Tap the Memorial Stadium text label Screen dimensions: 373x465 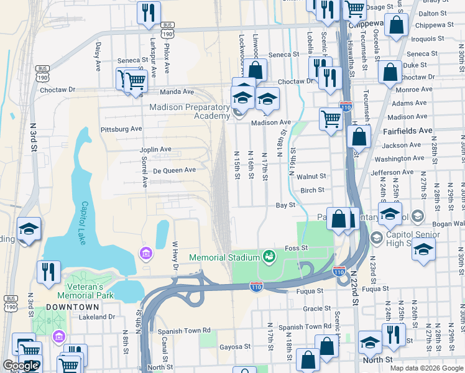(224, 257)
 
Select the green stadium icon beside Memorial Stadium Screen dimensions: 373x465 (269, 256)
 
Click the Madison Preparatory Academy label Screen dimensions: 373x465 (190, 112)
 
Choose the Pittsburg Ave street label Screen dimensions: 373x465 (121, 129)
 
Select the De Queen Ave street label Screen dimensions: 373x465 (174, 170)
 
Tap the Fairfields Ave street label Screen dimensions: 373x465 (408, 131)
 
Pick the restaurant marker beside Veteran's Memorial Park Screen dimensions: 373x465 (48, 272)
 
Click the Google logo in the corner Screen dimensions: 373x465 (21, 366)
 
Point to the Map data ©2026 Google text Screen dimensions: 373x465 (426, 367)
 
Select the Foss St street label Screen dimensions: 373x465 (296, 248)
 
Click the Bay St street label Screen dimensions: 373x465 (285, 205)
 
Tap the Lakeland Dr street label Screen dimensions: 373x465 (97, 317)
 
